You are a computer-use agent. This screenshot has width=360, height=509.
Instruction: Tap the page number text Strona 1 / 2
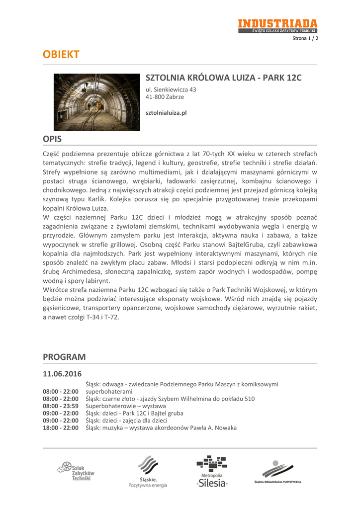pyautogui.click(x=305, y=38)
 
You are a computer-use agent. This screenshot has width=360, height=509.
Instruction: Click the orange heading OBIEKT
pyautogui.click(x=61, y=55)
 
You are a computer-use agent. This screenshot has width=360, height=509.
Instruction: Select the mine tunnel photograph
pyautogui.click(x=97, y=102)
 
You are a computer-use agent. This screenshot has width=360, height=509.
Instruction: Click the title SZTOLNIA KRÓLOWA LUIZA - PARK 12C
pyautogui.click(x=223, y=78)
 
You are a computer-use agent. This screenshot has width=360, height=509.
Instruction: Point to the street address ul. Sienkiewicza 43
pyautogui.click(x=171, y=89)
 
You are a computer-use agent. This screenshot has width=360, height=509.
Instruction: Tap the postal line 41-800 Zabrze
pyautogui.click(x=165, y=97)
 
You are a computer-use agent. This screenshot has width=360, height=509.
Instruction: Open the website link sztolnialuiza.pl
pyautogui.click(x=166, y=113)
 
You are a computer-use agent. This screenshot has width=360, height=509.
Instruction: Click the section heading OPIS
pyautogui.click(x=52, y=139)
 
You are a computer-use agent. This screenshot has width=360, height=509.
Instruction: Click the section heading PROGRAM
pyautogui.click(x=64, y=357)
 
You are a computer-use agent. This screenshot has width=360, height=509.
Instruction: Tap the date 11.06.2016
pyautogui.click(x=62, y=373)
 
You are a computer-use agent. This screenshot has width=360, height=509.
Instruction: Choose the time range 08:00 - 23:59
pyautogui.click(x=61, y=406)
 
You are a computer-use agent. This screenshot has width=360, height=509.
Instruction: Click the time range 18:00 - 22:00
pyautogui.click(x=61, y=427)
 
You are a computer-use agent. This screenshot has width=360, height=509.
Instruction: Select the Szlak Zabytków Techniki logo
pyautogui.click(x=77, y=471)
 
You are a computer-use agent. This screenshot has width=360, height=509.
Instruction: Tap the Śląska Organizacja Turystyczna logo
pyautogui.click(x=278, y=472)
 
